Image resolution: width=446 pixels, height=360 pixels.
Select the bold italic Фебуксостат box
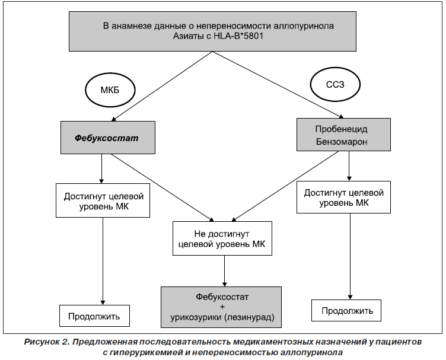point(108,138)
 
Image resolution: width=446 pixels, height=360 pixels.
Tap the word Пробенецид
point(342,129)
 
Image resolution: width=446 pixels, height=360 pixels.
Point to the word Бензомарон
point(342,142)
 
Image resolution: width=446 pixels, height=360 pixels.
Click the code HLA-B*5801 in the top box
point(238,36)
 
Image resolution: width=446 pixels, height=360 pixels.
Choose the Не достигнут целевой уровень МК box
point(222,238)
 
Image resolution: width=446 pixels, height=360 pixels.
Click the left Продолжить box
point(94,316)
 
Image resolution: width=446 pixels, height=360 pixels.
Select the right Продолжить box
point(346,311)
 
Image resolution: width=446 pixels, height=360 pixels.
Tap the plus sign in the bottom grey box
point(222,307)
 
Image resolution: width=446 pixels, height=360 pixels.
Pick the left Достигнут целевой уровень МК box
point(103,200)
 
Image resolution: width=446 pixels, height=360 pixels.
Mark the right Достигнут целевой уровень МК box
point(343,197)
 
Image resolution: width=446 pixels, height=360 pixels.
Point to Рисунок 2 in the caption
point(47,342)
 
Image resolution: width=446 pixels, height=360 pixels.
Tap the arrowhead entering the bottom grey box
point(224,284)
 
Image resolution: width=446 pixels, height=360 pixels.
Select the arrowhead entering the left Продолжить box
point(103,302)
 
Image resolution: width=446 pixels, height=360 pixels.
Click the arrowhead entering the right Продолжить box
point(350,297)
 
